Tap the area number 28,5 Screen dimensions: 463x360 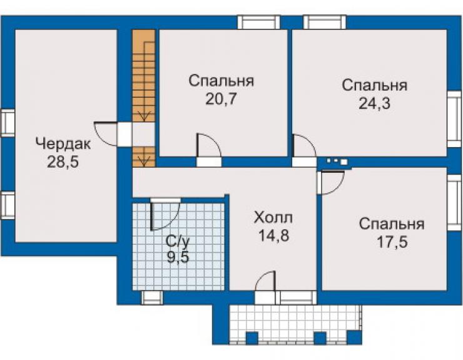point(63,162)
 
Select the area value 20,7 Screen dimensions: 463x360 point(221,99)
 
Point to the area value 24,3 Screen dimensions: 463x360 point(374,103)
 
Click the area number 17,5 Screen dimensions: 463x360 point(392,242)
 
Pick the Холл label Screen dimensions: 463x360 point(273,218)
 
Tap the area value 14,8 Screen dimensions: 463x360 point(273,235)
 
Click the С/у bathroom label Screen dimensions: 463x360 point(177,241)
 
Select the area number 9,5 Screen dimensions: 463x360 point(178,257)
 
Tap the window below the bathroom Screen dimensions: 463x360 point(152,297)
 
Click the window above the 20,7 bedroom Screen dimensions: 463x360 point(258,22)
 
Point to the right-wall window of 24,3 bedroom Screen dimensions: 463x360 point(454,119)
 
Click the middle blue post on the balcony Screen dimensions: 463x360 point(320,339)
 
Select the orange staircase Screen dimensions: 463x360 point(144,98)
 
